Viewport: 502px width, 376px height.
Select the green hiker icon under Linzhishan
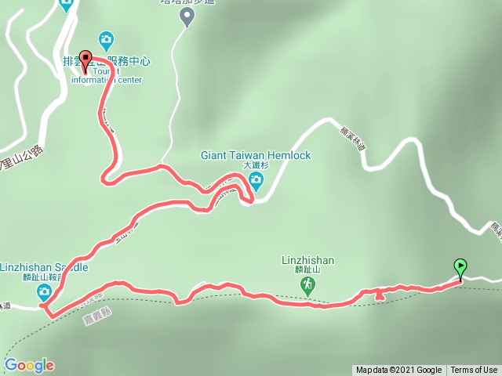[x=309, y=284]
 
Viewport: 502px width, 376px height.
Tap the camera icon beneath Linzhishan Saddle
[x=45, y=292]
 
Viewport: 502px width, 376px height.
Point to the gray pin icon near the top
[x=187, y=16]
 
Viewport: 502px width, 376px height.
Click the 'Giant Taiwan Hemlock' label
[x=256, y=155]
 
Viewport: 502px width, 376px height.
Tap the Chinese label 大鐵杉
[x=256, y=166]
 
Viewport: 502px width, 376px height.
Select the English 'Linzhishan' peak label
[x=308, y=260]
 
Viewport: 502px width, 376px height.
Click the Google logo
[x=29, y=365]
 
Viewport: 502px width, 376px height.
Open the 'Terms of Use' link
[x=474, y=371]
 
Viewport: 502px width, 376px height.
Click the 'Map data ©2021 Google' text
[x=398, y=371]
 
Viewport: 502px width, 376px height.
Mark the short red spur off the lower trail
[x=380, y=295]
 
